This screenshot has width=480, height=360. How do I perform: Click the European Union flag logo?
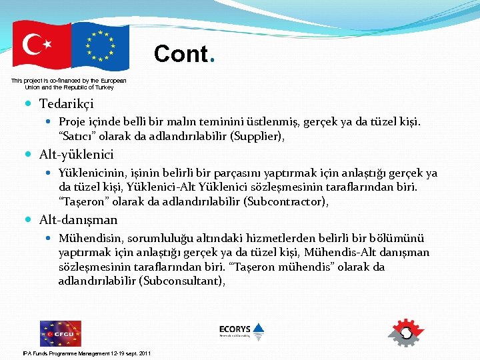(x=100, y=46)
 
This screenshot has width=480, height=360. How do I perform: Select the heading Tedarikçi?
(x=66, y=104)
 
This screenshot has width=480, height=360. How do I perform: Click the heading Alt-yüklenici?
(x=76, y=155)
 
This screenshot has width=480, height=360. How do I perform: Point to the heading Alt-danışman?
(x=78, y=219)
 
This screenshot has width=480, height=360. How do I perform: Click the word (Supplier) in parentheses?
(x=264, y=137)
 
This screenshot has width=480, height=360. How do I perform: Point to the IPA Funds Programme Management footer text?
(x=87, y=353)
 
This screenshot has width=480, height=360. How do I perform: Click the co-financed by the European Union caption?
(x=69, y=83)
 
